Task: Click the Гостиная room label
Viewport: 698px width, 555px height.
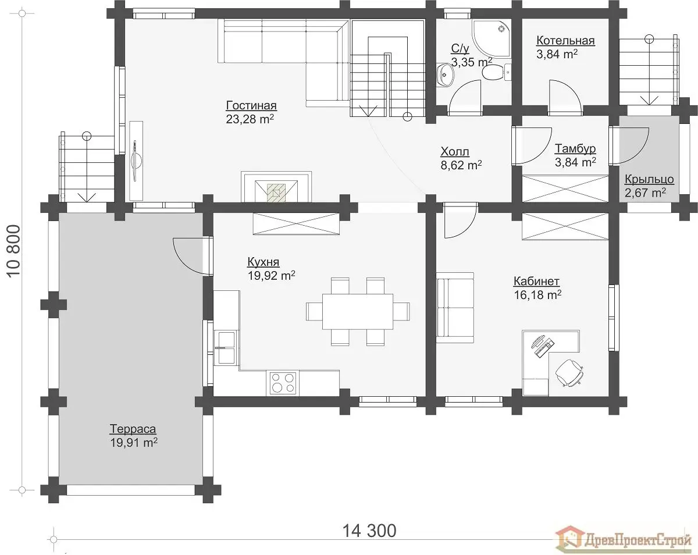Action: click(x=251, y=106)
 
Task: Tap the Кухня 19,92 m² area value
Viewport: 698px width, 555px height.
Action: click(x=272, y=276)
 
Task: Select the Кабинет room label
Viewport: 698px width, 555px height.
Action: click(x=536, y=281)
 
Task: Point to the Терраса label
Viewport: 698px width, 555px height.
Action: click(x=133, y=429)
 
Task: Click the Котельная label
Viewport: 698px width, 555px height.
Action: click(x=565, y=41)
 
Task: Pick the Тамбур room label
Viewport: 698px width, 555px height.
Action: click(x=575, y=148)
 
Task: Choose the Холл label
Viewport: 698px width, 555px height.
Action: click(x=455, y=151)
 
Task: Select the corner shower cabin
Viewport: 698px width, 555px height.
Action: click(x=492, y=39)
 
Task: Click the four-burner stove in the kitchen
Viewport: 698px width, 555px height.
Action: click(x=283, y=383)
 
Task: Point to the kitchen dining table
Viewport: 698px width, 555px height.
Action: click(x=357, y=311)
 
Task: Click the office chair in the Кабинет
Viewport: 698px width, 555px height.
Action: click(x=569, y=373)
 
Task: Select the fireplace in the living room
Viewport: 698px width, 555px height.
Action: click(x=276, y=187)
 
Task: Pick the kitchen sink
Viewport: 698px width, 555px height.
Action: click(x=227, y=347)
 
